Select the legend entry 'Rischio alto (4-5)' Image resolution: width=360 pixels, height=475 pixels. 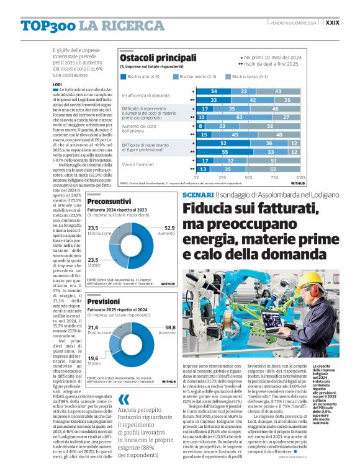tap(142, 76)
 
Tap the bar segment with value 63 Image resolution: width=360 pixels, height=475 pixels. tap(240, 117)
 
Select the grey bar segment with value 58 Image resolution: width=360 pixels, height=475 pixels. tap(269, 125)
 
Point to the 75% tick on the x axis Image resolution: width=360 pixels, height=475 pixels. tap(269, 177)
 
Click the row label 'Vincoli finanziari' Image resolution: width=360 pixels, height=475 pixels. tap(138, 164)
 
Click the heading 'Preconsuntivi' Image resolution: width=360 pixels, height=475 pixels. tap(108, 201)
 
